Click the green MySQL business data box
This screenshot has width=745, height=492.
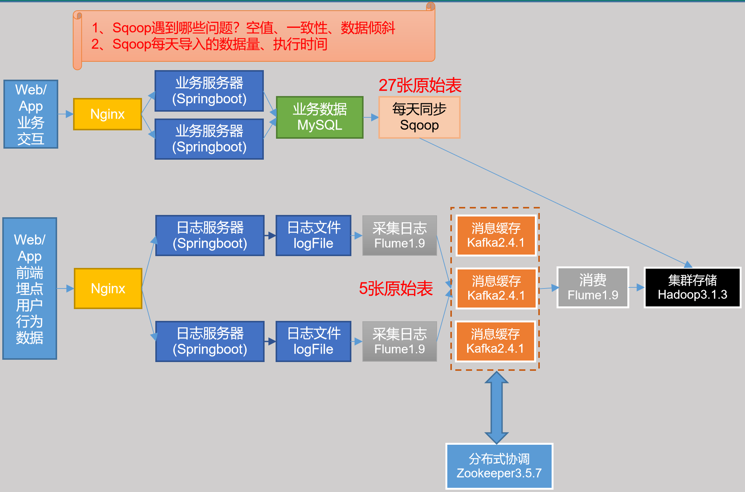(319, 117)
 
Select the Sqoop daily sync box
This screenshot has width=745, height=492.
(419, 117)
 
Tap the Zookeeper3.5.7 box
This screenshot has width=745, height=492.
(499, 466)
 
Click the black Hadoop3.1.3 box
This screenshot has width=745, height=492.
(692, 287)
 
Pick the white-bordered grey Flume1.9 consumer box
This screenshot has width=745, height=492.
(593, 287)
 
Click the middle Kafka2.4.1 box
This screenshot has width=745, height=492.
(496, 288)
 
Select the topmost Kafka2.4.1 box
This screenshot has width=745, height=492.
(496, 235)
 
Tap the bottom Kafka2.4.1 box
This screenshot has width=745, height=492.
(495, 341)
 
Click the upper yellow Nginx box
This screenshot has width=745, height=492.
(107, 114)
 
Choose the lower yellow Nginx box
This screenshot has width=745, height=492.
(108, 288)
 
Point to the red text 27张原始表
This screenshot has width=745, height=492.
(420, 85)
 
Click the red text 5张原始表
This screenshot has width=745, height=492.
(396, 288)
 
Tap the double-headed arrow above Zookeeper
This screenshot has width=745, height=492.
(496, 407)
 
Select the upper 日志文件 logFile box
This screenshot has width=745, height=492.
(313, 236)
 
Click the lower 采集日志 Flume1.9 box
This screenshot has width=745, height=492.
(399, 341)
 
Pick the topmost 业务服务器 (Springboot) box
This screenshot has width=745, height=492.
(209, 91)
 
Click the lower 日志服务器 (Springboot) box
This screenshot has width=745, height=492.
(210, 341)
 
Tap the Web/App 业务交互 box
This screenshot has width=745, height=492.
(31, 114)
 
